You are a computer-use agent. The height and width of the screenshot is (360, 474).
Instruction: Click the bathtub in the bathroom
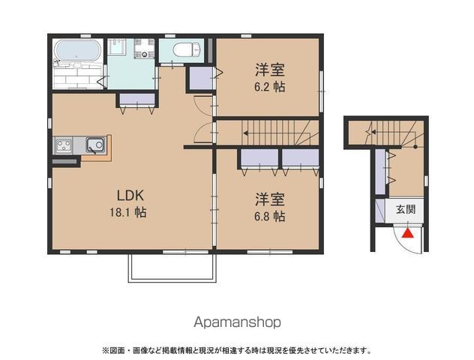click(78, 49)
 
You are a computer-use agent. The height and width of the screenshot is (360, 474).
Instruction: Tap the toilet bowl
click(186, 49)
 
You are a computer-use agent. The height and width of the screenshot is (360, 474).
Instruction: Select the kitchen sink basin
click(95, 145)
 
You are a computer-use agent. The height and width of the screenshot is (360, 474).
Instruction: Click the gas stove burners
click(64, 145)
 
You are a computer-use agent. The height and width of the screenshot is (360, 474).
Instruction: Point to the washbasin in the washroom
click(117, 46)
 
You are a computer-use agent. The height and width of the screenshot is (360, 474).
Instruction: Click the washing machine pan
click(145, 48)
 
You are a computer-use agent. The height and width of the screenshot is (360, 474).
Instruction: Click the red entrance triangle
click(407, 233)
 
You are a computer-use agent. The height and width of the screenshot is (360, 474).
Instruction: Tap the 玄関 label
click(406, 209)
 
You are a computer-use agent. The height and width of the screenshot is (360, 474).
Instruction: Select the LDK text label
click(130, 196)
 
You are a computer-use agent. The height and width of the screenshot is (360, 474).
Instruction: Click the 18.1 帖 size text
click(128, 212)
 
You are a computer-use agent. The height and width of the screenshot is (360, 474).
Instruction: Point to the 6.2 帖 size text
click(270, 87)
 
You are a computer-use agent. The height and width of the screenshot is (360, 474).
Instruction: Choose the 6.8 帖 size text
click(270, 216)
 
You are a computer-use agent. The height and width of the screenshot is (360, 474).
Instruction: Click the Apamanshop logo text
click(237, 322)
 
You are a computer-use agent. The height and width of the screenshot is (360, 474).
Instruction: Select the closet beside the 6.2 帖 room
click(201, 78)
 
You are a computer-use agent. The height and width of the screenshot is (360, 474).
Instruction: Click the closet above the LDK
click(137, 99)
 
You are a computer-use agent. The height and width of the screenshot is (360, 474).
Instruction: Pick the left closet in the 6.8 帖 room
click(259, 157)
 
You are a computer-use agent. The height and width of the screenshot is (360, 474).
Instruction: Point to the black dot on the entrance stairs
click(415, 147)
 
